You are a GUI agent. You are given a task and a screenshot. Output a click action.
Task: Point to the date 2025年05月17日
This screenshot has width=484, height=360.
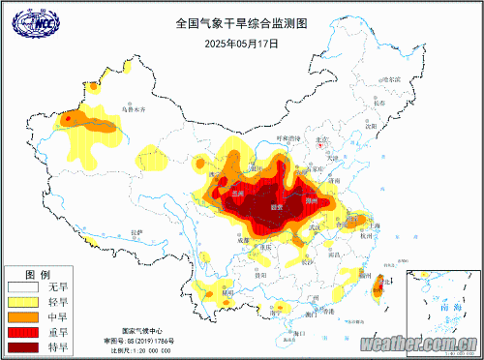pyautogui.click(x=241, y=43)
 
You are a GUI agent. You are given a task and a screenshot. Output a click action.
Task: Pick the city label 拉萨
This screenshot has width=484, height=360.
pyautogui.click(x=136, y=232)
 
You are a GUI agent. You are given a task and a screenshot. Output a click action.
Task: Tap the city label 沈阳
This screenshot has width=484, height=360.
pyautogui.click(x=372, y=125)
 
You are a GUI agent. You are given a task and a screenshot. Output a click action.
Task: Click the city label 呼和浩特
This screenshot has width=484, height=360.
pyautogui.click(x=290, y=137)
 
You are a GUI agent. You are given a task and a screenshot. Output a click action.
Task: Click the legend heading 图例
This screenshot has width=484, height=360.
pyautogui.click(x=37, y=274)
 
